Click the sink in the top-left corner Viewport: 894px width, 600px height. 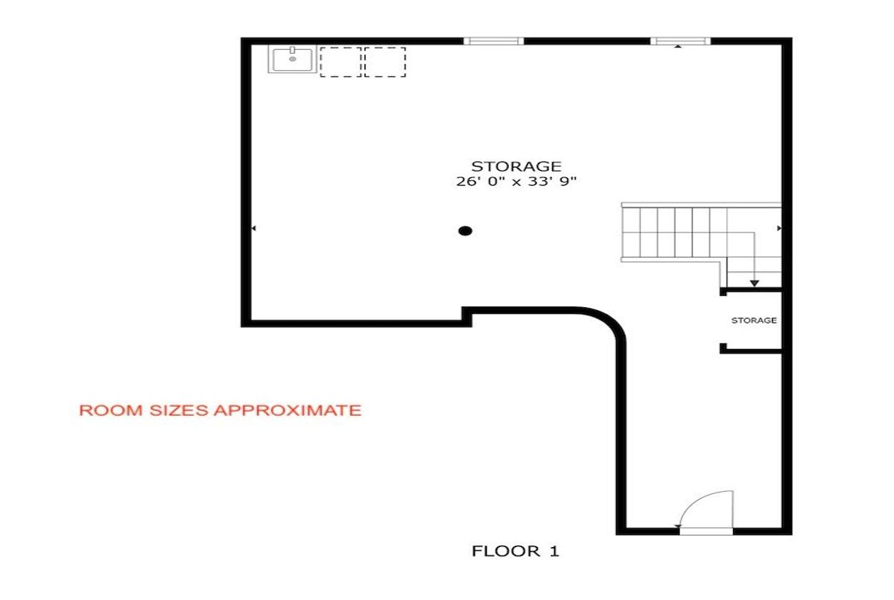[292, 59]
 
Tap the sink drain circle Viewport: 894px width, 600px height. [293, 59]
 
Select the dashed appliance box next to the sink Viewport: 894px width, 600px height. [340, 62]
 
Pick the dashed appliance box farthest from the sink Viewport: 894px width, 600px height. [385, 62]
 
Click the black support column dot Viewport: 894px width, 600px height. [466, 231]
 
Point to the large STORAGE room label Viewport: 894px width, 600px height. [516, 166]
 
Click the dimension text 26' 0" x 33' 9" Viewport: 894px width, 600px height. [516, 182]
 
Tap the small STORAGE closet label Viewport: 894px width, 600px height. [754, 320]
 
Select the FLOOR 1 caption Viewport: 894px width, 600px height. [516, 552]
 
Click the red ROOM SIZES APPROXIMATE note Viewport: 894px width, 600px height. [221, 411]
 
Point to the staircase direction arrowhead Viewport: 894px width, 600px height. [754, 283]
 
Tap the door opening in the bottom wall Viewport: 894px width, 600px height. [706, 531]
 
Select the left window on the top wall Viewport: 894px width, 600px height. [493, 41]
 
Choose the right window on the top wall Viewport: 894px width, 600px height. [680, 41]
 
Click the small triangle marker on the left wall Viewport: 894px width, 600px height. [253, 228]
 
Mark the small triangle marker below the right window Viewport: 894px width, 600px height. [678, 47]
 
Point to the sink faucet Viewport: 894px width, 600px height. [293, 50]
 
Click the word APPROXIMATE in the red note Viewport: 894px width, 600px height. [288, 411]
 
